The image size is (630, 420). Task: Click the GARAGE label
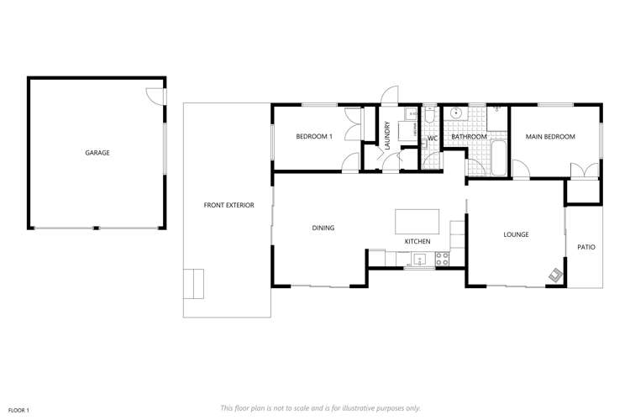[97, 153]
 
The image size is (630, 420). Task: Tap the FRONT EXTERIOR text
[228, 205]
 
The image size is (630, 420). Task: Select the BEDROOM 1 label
[314, 136]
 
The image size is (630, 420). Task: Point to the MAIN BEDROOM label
[550, 136]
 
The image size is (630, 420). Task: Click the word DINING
[323, 228]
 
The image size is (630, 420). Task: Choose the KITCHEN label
[417, 242]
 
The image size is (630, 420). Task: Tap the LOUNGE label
[516, 234]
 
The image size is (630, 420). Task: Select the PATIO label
[585, 247]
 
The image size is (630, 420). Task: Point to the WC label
[433, 137]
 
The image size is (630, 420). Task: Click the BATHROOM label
[469, 136]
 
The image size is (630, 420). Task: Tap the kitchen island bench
[417, 221]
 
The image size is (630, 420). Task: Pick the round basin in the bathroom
[456, 113]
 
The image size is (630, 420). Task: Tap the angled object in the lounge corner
[556, 273]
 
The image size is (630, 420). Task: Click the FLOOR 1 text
[18, 409]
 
